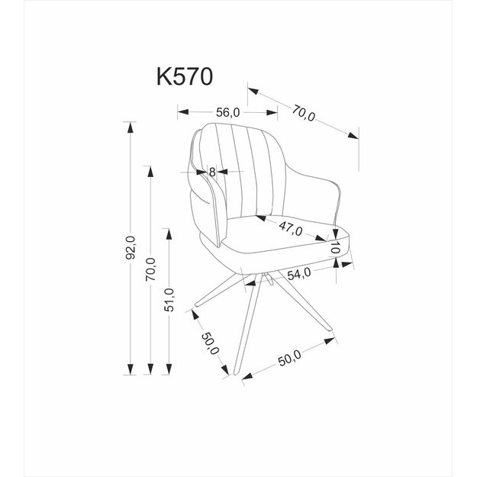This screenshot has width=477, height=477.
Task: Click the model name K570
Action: (x=183, y=77)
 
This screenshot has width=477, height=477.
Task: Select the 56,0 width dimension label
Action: (x=227, y=112)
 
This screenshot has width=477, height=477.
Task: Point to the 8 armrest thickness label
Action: (x=212, y=172)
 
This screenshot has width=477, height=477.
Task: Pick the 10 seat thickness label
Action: (x=335, y=248)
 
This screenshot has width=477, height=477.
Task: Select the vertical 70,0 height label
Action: (x=150, y=269)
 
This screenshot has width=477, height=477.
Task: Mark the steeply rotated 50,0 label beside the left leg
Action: (x=211, y=347)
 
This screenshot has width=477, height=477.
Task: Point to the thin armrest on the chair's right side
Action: (x=337, y=202)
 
